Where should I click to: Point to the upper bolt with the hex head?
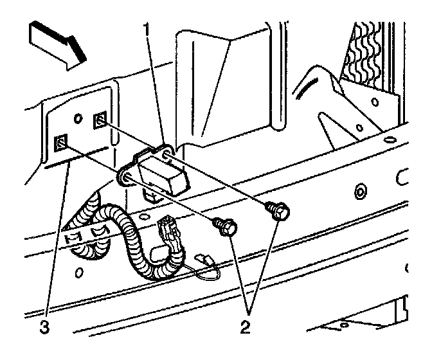click(278, 209)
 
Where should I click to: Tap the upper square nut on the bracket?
click(101, 120)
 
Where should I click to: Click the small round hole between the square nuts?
click(78, 119)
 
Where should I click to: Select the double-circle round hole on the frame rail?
click(360, 191)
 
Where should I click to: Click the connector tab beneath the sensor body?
click(150, 194)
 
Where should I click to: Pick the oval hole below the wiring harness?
click(78, 273)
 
